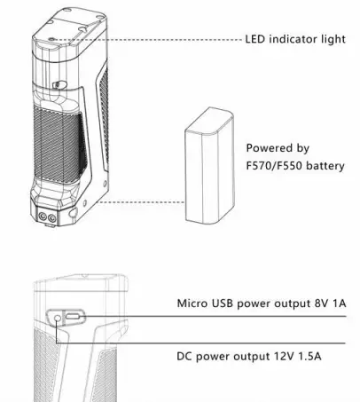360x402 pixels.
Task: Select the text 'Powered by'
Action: (277, 148)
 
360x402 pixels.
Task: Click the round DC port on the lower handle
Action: (59, 319)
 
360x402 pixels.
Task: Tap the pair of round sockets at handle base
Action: (46, 215)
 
